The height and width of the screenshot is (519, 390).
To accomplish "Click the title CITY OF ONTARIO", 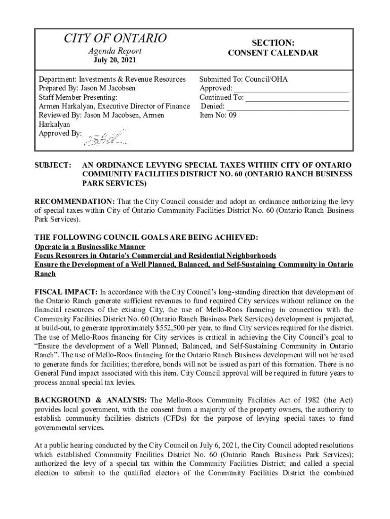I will point(115,38).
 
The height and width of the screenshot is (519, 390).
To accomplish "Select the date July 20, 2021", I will point(115,61).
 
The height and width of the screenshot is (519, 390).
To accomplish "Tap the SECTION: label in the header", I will point(273,43).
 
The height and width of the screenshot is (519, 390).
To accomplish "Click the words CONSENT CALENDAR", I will point(273,53).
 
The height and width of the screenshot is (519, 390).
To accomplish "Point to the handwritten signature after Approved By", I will point(106,137).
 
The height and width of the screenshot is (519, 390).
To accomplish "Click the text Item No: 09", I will point(218,115).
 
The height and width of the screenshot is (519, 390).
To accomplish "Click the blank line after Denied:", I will point(287,106).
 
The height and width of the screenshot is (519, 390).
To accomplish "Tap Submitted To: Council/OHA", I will point(243,79).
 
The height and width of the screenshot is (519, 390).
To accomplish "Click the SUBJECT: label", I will point(52,166).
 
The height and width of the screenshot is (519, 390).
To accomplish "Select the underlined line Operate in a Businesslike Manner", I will point(90,247).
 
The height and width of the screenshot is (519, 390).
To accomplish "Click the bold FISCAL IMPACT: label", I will point(66,292).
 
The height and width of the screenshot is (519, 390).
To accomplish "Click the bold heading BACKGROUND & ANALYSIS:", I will point(90,400).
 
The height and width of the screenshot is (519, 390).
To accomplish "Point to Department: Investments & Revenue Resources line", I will point(112,79).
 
